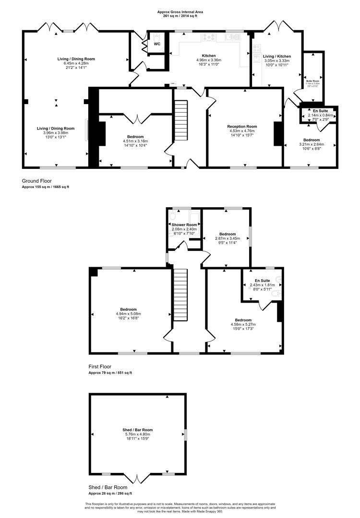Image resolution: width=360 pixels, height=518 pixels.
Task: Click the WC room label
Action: tap(157, 44)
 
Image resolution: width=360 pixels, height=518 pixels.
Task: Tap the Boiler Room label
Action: tap(313, 81)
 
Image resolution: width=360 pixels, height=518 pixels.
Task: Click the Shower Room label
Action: tap(184, 225)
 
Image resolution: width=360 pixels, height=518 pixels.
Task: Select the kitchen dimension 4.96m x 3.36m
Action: tap(209, 60)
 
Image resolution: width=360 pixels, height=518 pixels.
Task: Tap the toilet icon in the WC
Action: tap(156, 36)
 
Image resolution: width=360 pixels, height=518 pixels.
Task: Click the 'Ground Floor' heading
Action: tap(37, 181)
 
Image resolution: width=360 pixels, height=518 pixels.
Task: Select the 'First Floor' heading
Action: tap(100, 366)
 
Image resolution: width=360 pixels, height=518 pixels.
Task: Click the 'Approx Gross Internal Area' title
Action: tap(180, 12)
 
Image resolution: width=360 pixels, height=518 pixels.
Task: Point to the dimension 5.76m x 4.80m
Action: tap(138, 434)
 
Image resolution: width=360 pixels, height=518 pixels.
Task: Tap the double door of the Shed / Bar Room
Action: tap(137, 478)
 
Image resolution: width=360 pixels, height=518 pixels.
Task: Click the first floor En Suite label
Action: tap(262, 280)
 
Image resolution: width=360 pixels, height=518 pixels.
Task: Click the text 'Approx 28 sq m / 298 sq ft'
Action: tap(110, 493)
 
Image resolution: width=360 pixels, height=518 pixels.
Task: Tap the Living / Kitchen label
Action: tap(277, 56)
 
